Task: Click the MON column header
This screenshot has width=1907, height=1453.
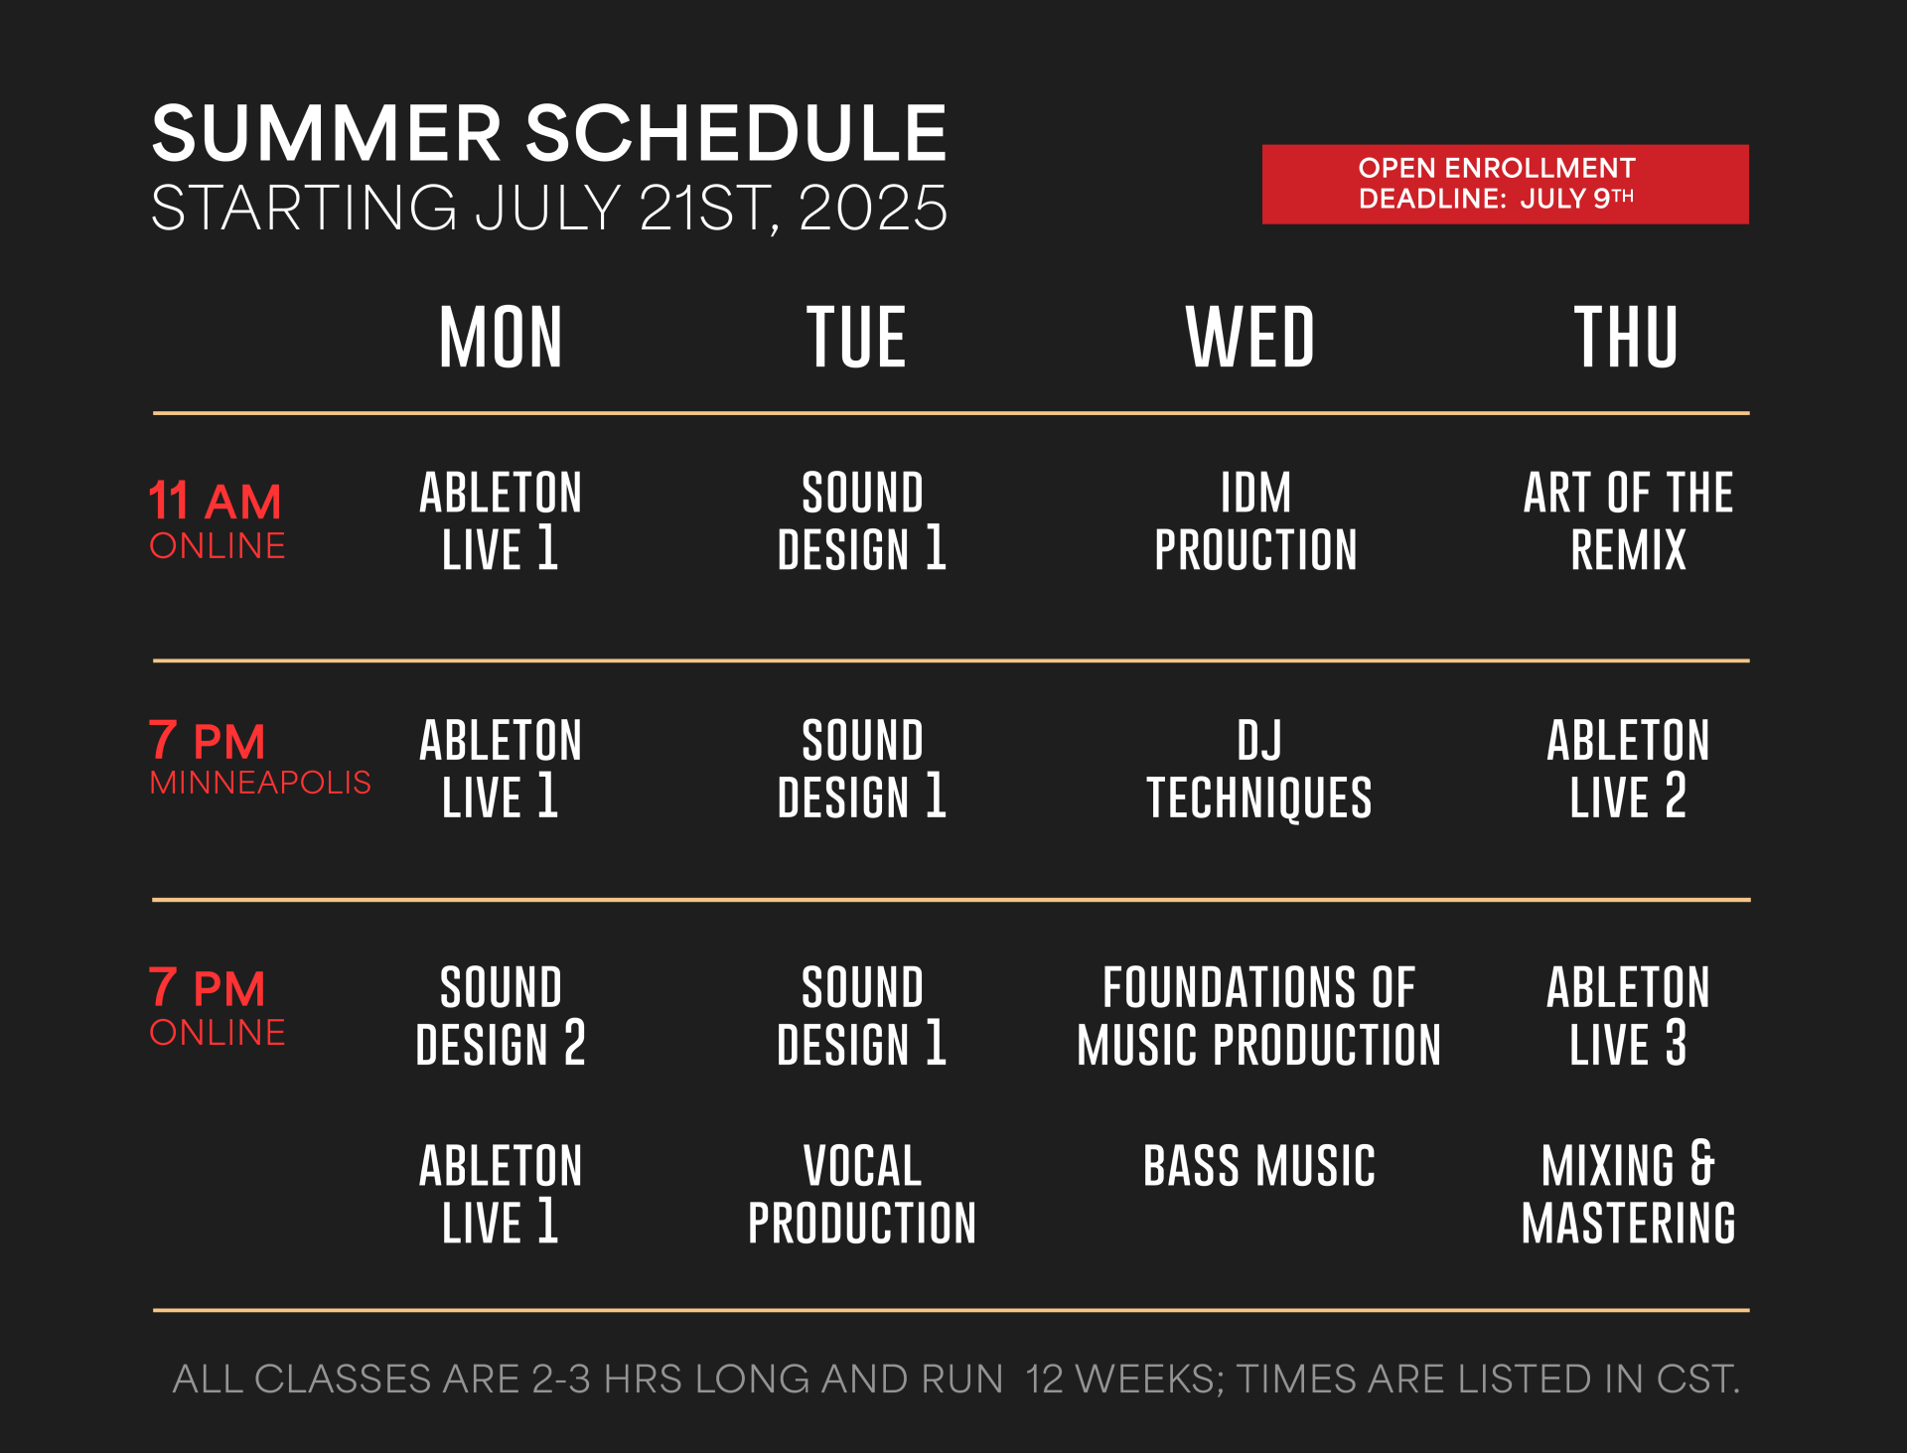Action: click(x=501, y=337)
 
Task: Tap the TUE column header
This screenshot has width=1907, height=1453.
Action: click(x=856, y=337)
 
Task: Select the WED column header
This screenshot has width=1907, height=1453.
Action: click(x=1250, y=337)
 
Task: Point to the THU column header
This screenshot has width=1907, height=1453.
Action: click(x=1627, y=337)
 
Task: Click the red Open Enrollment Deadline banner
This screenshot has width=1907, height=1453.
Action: click(x=1505, y=184)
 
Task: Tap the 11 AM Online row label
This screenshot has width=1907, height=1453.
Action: click(x=217, y=519)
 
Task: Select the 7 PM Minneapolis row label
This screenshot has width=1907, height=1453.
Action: click(x=260, y=758)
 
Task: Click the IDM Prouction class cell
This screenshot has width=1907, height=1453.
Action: click(x=1255, y=521)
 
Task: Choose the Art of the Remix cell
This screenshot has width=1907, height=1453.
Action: click(x=1629, y=521)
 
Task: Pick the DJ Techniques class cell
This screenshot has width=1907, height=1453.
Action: click(x=1259, y=770)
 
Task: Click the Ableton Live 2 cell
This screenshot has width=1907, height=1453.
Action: click(x=1629, y=769)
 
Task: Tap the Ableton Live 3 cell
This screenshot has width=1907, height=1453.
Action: click(x=1629, y=1016)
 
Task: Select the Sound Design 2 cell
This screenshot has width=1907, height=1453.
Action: click(x=501, y=1016)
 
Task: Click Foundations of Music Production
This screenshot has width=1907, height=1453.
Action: click(x=1259, y=1016)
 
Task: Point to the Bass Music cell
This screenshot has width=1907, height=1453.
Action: click(x=1259, y=1166)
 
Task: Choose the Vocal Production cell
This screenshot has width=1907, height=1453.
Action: click(x=862, y=1195)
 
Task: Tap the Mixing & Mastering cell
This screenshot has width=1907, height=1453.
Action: click(x=1629, y=1194)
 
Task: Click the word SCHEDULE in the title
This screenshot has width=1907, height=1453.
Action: click(x=736, y=133)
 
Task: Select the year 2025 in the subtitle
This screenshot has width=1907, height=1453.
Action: click(x=873, y=208)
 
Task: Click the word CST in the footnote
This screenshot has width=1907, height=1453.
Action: click(x=1697, y=1379)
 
